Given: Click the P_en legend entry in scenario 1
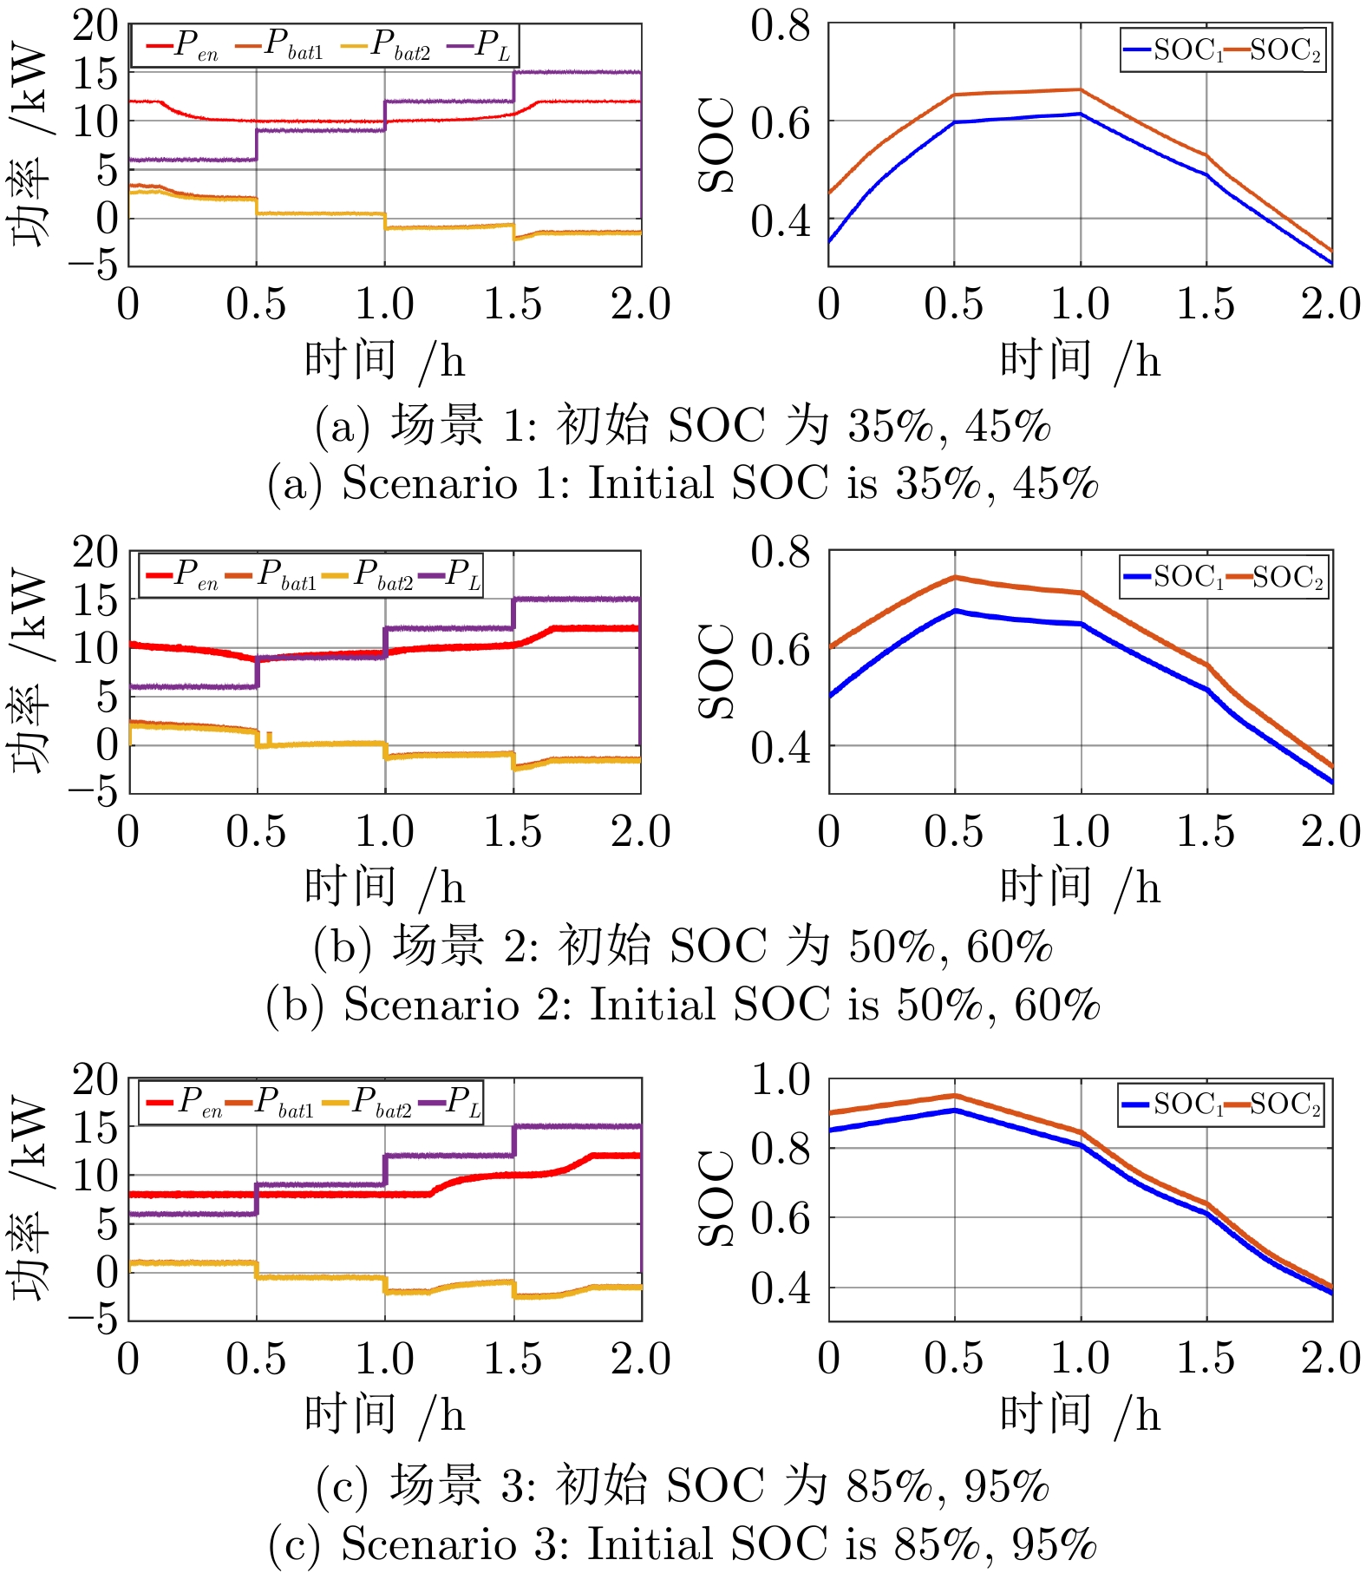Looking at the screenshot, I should tap(183, 45).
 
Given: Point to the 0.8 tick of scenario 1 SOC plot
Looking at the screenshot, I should tap(780, 26).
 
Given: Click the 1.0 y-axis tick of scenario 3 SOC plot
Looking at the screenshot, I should tap(780, 1080).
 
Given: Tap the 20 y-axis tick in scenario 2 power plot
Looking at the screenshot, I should tap(95, 552).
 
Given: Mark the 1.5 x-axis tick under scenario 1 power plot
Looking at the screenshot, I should tap(513, 305).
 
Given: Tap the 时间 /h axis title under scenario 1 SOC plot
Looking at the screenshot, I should tap(1080, 360).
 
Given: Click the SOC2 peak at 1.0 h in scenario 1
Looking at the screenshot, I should tap(1081, 89).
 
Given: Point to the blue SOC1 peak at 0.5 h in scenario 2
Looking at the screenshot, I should tap(955, 611).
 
